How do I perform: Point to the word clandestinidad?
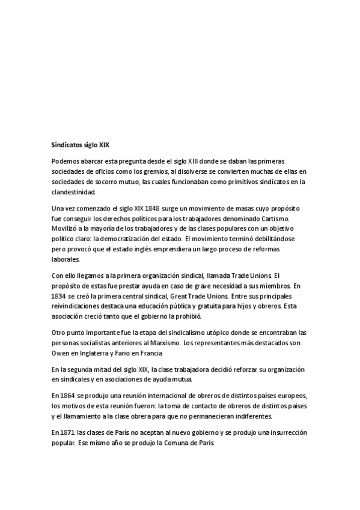74,192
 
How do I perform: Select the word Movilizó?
66,229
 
